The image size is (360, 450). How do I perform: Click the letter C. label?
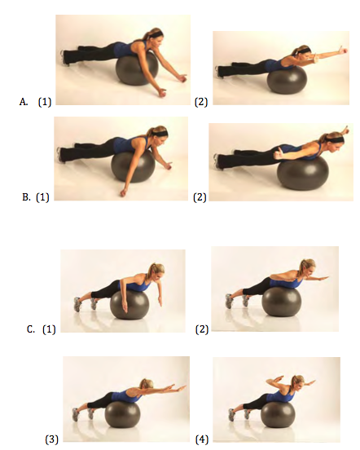coord(30,329)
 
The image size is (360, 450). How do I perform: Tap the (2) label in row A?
coord(201,102)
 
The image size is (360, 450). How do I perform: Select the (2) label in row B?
coord(201,196)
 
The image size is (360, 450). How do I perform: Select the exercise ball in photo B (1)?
coord(132,167)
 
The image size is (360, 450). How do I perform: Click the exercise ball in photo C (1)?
coord(130,307)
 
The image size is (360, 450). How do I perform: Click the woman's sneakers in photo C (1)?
coord(82,302)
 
